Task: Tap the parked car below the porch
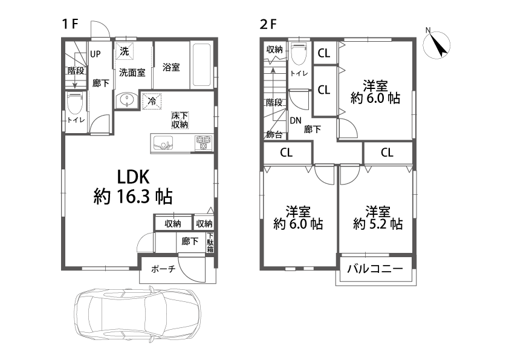click(x=138, y=313)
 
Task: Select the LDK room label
click(x=133, y=177)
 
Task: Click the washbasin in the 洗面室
click(x=126, y=100)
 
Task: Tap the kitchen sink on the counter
click(x=163, y=143)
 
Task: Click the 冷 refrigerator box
click(x=152, y=101)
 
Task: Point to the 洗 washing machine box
click(x=125, y=51)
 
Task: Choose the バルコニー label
click(x=375, y=269)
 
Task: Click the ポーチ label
click(x=163, y=269)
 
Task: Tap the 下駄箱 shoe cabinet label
click(x=210, y=243)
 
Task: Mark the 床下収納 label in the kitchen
click(x=180, y=120)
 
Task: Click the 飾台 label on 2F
click(x=274, y=134)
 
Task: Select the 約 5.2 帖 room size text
click(x=378, y=224)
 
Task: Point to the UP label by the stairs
click(x=96, y=54)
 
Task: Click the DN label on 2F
click(x=296, y=121)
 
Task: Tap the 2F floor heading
click(x=268, y=24)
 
